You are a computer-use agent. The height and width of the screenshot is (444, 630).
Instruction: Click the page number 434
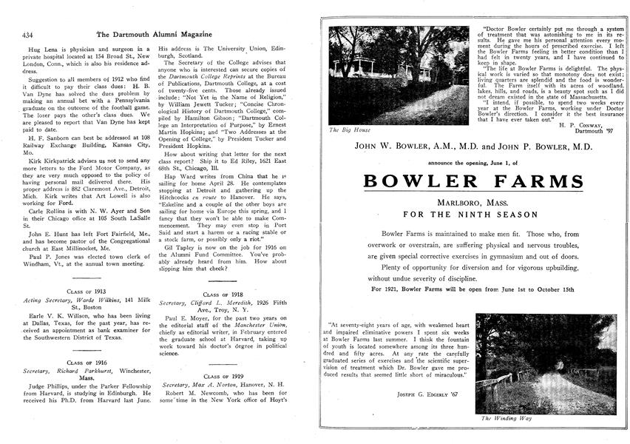pyautogui.click(x=30, y=34)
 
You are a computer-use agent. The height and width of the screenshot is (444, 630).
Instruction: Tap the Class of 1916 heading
pyautogui.click(x=86, y=363)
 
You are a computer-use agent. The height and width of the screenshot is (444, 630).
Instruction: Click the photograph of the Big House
pyautogui.click(x=398, y=75)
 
